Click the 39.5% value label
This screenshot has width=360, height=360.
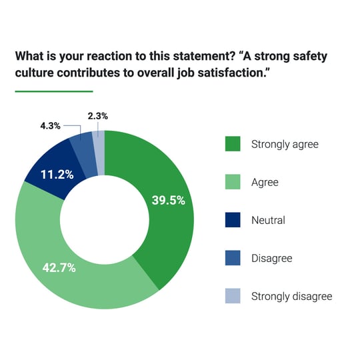(168, 200)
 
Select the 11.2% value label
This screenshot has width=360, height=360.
(58, 175)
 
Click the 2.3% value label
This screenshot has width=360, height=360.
(99, 115)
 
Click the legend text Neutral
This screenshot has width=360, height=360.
(268, 220)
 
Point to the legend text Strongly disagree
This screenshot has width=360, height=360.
(291, 296)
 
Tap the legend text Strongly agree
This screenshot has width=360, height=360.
(285, 144)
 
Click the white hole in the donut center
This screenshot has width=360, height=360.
(105, 219)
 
